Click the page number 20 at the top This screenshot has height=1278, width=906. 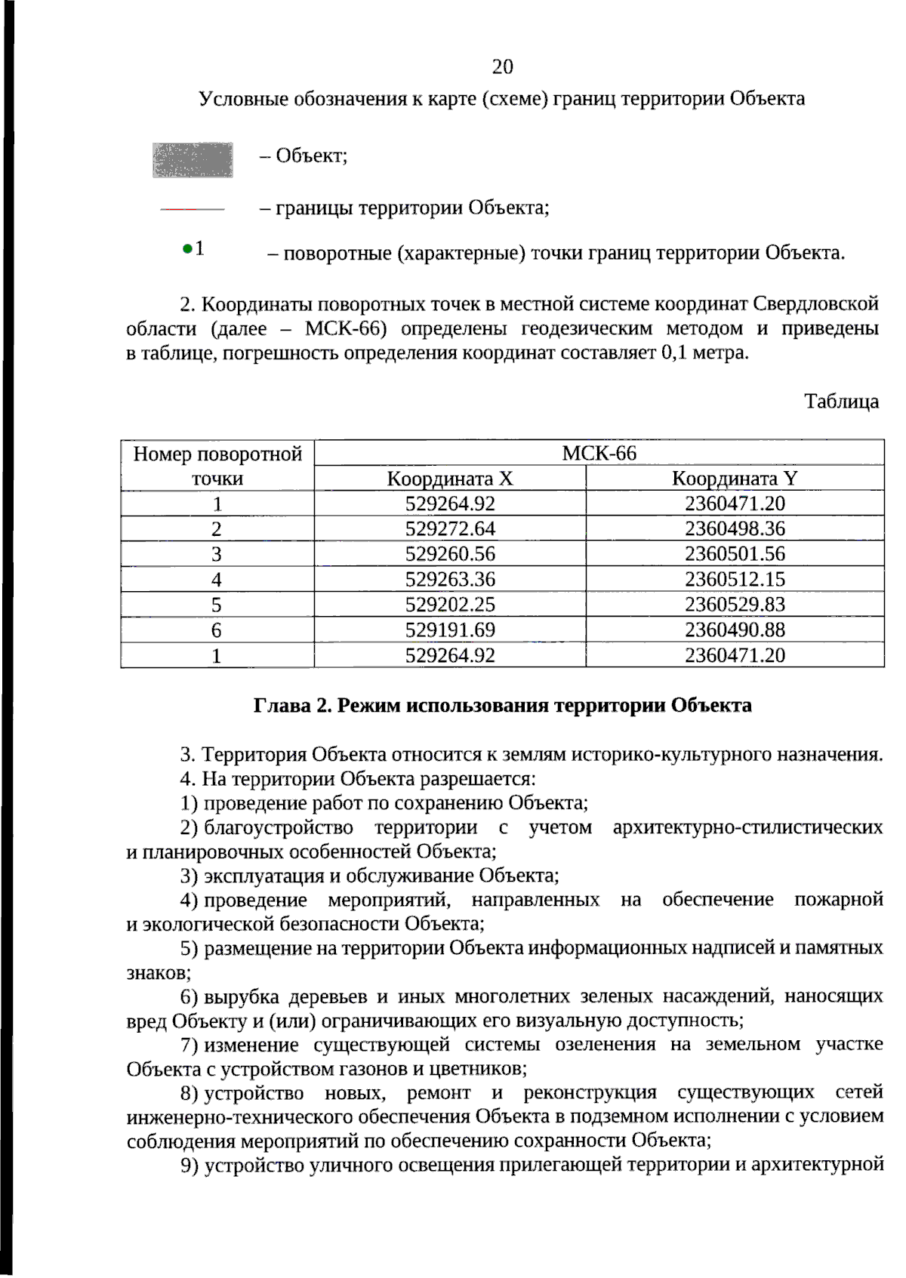(502, 67)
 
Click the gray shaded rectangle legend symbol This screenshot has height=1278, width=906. (193, 160)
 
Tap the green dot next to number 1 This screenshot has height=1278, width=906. (186, 248)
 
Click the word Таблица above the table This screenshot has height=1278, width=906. (841, 401)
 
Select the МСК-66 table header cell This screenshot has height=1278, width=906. (599, 453)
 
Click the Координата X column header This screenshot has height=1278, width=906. (449, 479)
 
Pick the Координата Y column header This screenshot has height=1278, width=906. (734, 479)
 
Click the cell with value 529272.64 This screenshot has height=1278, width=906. (450, 528)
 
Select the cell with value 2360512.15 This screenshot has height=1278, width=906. (735, 579)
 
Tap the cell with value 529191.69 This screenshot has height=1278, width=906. (450, 630)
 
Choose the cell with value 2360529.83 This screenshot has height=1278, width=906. (735, 605)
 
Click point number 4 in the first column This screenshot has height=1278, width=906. (217, 580)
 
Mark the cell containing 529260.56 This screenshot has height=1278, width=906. (450, 554)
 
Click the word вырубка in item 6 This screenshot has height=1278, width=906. (242, 996)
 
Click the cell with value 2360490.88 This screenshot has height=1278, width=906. (735, 630)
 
